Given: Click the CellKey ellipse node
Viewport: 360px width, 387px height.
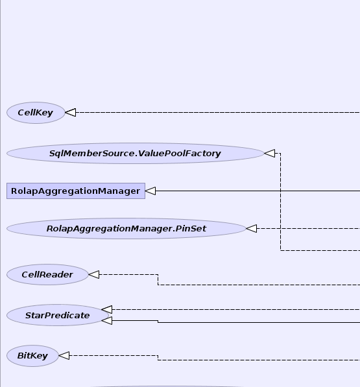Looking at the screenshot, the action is [36, 113].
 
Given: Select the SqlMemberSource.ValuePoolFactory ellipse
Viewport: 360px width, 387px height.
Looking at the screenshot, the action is [136, 153].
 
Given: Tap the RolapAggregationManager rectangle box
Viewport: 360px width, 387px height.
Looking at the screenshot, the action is [76, 191].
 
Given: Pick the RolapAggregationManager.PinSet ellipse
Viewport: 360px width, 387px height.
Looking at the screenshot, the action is [126, 229].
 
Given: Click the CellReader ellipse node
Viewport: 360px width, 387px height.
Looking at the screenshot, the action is [47, 275].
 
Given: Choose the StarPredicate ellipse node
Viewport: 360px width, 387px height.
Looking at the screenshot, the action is [58, 315].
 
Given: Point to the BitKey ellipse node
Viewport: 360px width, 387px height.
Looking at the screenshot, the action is [32, 356].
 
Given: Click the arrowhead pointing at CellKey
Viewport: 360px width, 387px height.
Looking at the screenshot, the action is [71, 113].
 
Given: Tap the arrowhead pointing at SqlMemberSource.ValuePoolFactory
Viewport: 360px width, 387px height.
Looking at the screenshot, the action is [270, 153].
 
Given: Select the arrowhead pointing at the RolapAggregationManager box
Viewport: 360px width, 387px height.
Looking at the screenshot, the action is [150, 191].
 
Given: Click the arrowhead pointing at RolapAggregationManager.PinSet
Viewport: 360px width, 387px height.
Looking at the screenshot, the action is [252, 229].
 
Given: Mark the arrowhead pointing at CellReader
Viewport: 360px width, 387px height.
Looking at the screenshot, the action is [94, 274].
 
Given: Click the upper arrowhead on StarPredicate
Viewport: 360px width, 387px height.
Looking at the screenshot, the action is [106, 309].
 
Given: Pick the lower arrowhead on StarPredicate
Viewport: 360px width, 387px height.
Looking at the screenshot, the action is [106, 321].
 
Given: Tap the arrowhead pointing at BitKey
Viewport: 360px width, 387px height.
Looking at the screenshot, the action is [64, 356].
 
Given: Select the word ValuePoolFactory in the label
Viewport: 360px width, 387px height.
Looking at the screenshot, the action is [180, 154].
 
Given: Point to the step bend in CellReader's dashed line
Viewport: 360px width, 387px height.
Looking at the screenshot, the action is [158, 279].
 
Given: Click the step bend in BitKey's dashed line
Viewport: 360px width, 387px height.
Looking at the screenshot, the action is [158, 358].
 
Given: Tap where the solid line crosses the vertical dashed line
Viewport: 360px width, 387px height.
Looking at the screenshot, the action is [280, 191].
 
